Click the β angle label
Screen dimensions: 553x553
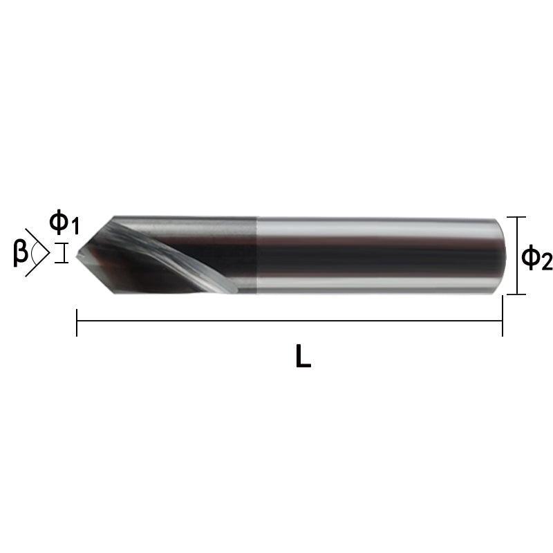coord(20,252)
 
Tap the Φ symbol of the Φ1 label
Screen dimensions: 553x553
coord(58,222)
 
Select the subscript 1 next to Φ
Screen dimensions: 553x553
coord(74,227)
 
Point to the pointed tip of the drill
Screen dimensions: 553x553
coord(77,255)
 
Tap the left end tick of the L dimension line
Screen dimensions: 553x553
coord(77,322)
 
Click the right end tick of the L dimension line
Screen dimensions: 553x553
coord(503,316)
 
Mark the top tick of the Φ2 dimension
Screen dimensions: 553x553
coord(516,217)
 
